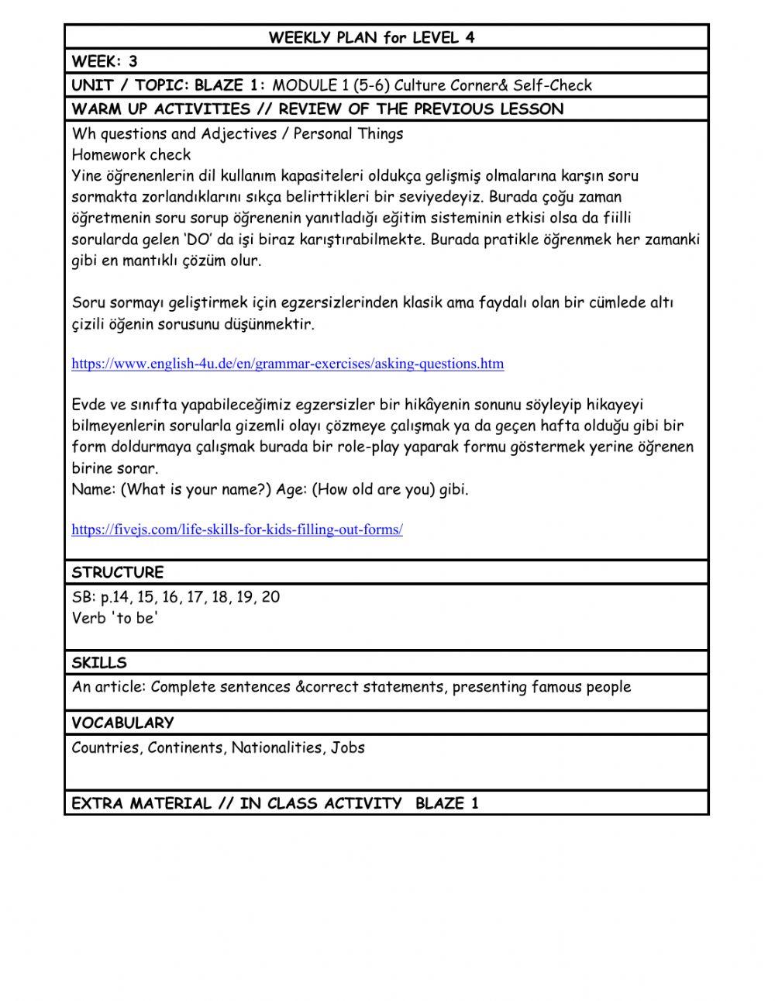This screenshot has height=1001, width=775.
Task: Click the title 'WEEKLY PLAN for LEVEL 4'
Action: click(371, 37)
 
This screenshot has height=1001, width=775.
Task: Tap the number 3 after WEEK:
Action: click(133, 61)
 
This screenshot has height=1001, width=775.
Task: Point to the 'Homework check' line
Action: click(131, 154)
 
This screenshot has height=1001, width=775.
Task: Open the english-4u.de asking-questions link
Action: click(288, 363)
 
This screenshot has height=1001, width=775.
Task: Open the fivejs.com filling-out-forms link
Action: click(237, 530)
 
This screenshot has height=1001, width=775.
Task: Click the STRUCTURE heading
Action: click(118, 573)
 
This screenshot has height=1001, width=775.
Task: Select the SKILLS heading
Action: click(99, 663)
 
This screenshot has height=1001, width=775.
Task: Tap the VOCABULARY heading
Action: click(122, 723)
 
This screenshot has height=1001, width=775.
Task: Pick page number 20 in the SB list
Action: click(270, 597)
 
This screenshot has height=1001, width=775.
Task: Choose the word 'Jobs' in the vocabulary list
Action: click(348, 748)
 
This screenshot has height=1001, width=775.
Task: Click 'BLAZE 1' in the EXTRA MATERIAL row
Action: click(447, 803)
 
